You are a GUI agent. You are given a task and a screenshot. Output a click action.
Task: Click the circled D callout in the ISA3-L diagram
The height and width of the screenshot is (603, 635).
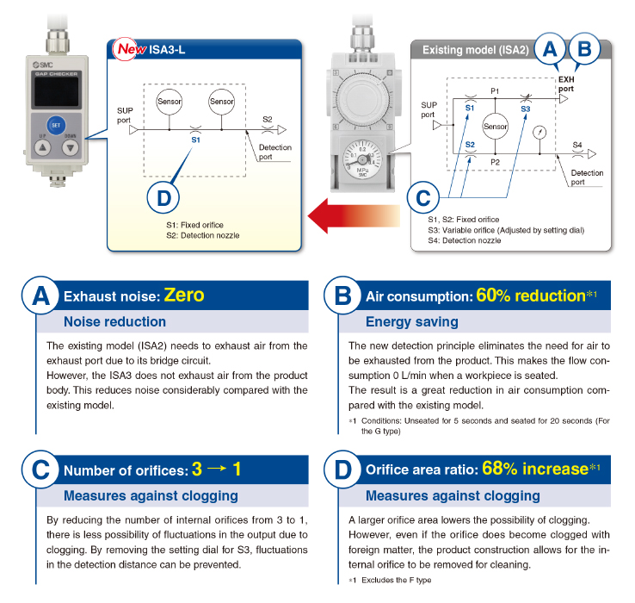(x=164, y=198)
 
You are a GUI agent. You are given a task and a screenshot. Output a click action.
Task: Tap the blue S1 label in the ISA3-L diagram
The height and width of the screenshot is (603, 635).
(x=195, y=139)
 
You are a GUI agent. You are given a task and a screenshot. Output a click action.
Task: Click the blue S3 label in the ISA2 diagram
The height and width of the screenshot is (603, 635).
(x=526, y=109)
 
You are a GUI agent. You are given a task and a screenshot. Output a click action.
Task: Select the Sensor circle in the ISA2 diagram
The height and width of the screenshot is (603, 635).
(x=496, y=126)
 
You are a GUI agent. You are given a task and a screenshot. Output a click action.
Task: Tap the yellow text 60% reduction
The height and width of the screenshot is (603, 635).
(x=531, y=296)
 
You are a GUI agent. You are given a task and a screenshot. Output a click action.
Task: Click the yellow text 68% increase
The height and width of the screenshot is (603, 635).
(x=536, y=469)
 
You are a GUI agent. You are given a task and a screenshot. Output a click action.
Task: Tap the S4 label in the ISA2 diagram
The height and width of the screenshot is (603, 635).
(x=577, y=143)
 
